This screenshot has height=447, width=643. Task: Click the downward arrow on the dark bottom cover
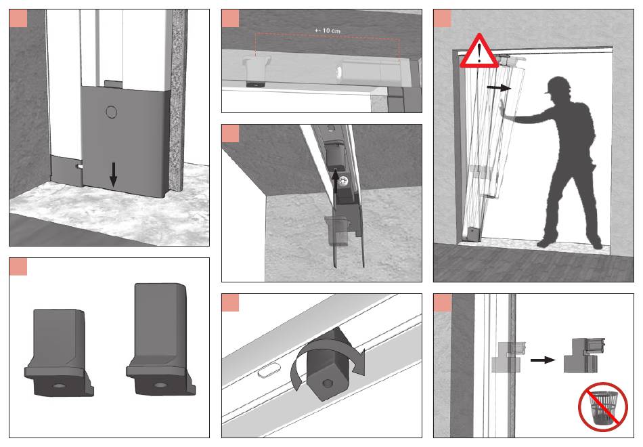point(114,175)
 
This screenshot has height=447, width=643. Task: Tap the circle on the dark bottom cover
point(111,112)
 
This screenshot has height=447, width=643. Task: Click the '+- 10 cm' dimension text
point(327,30)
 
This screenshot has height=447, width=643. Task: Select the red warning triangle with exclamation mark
point(479,51)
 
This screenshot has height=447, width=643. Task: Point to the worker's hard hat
point(557,85)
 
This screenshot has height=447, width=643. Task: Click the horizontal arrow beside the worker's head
point(499,87)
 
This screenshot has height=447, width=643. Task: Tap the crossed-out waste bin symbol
point(603,407)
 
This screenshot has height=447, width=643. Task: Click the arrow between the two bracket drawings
point(543,360)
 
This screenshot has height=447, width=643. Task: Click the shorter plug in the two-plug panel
point(59,353)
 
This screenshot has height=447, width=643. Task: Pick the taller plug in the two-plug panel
point(161,339)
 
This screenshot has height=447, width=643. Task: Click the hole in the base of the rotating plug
point(327,384)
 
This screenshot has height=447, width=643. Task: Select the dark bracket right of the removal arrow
point(583,355)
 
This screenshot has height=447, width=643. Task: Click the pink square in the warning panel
point(442,18)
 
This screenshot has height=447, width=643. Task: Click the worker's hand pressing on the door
point(504,110)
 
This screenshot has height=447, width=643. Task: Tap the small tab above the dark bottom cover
point(113,84)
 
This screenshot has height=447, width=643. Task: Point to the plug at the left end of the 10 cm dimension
point(257,71)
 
